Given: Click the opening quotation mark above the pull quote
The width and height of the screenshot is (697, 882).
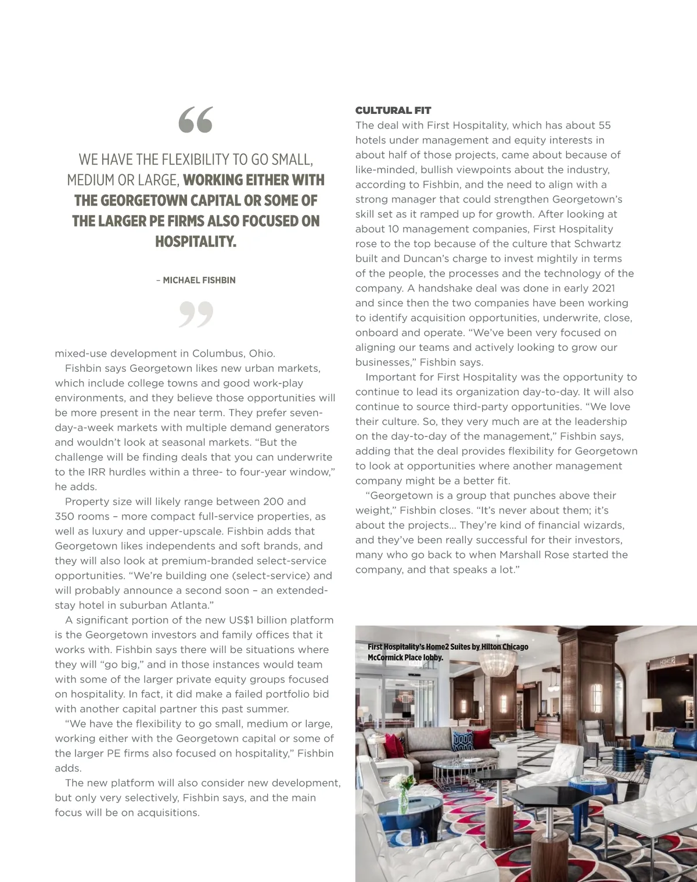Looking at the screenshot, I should tap(195, 120).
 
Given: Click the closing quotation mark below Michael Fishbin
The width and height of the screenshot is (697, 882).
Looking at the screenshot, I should tap(196, 314).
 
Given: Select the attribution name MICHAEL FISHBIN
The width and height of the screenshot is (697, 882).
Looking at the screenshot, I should tap(199, 280).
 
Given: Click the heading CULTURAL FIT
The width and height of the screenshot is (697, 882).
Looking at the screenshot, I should tap(393, 110).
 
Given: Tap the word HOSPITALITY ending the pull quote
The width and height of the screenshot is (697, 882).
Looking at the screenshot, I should tap(195, 242).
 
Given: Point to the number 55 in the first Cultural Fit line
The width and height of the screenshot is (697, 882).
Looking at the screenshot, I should tap(604, 126).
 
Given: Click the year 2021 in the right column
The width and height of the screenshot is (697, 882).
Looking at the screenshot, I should tap(603, 288).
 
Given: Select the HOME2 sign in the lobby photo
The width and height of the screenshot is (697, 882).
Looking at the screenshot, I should tap(667, 662).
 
